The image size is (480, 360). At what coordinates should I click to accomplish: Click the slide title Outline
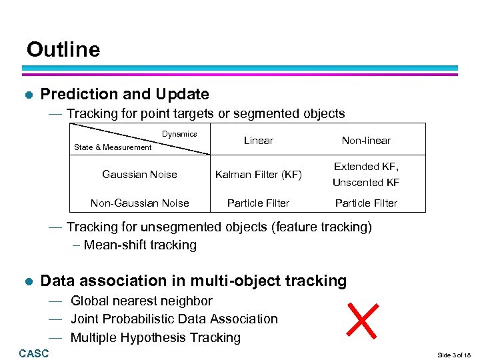63,50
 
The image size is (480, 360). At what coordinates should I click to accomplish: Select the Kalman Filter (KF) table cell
259,175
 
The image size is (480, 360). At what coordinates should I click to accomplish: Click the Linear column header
259,140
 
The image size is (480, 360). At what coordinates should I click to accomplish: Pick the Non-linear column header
366,140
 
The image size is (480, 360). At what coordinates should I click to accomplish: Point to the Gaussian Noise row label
139,175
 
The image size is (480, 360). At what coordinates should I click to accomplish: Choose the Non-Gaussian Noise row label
139,203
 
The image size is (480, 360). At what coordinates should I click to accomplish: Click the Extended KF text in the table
366,167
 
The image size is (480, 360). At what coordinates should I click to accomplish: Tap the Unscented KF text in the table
366,182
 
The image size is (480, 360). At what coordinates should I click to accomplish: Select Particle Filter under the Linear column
259,203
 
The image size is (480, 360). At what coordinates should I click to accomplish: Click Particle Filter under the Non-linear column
366,203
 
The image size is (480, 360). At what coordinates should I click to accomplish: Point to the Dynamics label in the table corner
179,134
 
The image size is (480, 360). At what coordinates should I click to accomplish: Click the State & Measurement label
113,147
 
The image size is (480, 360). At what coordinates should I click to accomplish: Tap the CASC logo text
34,353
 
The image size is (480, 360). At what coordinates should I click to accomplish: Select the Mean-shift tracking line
140,245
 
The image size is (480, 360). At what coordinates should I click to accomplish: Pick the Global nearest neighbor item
141,301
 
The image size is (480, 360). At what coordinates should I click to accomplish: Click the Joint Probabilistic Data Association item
174,319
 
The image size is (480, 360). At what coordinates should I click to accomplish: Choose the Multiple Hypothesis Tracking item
155,337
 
